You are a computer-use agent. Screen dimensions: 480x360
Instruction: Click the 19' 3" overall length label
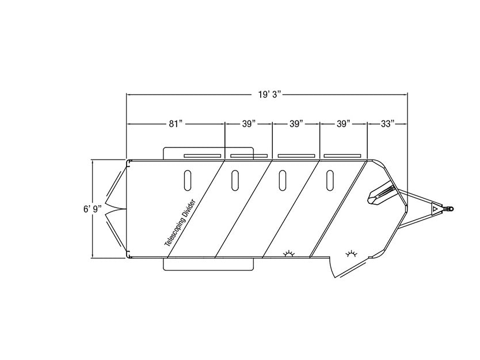[269, 94]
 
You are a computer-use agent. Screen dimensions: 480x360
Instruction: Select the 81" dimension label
[176, 124]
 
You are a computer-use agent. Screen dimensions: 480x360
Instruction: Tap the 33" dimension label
[387, 124]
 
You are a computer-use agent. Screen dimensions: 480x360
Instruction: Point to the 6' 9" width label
[93, 209]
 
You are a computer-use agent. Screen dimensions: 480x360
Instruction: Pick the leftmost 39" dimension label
[249, 124]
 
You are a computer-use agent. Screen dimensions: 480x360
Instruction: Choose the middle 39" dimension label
[296, 124]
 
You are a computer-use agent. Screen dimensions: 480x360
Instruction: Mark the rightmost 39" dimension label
[344, 124]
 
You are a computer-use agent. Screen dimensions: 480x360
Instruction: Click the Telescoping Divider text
[180, 223]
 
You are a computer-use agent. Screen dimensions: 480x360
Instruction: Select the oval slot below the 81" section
[188, 180]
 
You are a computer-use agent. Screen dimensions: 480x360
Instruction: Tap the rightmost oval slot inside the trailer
[330, 180]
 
